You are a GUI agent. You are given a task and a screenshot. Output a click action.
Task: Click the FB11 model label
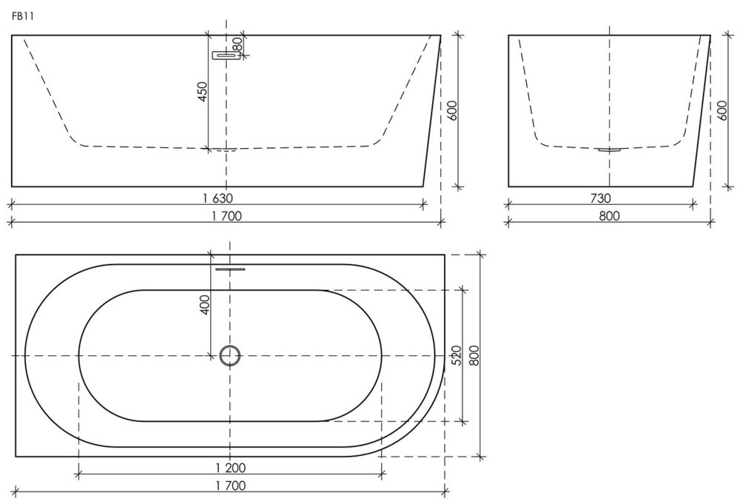click(22, 16)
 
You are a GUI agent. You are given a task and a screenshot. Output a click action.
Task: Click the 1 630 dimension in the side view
click(218, 198)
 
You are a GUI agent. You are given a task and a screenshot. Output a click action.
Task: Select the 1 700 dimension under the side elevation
click(226, 216)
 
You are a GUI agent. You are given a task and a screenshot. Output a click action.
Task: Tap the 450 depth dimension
click(202, 92)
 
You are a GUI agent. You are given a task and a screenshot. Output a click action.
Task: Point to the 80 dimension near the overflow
click(237, 44)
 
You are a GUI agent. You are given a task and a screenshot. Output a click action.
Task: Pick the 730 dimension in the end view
click(600, 198)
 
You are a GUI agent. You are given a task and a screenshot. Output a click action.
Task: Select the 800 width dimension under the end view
click(609, 216)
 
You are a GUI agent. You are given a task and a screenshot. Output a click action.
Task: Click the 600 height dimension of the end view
click(722, 110)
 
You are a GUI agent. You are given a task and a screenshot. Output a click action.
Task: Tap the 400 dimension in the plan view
click(205, 305)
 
